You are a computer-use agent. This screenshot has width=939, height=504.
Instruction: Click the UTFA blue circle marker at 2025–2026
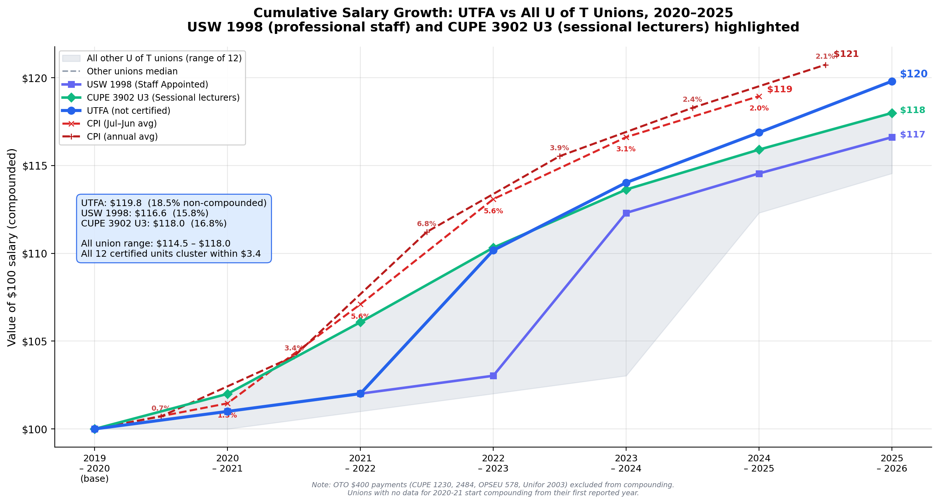892,81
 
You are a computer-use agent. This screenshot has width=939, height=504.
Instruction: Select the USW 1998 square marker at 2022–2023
493,376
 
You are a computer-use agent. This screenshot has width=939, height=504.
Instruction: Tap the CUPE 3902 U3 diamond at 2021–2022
360,322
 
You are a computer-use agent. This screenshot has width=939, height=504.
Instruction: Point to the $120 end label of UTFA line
913,74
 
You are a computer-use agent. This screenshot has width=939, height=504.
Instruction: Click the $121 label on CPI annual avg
846,54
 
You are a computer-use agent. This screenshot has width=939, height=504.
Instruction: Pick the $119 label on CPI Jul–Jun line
779,89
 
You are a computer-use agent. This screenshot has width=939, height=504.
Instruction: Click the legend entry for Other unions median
132,71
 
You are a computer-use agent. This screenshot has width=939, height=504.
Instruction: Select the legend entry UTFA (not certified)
128,111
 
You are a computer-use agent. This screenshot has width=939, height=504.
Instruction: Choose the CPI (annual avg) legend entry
122,137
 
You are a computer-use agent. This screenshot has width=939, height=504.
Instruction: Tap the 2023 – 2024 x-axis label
626,463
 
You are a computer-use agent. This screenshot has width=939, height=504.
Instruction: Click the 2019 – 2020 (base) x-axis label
95,468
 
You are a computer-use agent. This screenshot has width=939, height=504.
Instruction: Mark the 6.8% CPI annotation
426,224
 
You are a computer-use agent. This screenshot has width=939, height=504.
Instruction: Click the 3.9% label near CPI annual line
559,148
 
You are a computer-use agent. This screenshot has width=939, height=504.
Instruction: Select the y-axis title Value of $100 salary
12,247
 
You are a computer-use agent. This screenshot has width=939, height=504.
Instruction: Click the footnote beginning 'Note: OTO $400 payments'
493,485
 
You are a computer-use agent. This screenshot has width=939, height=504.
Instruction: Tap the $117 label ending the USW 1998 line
912,135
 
